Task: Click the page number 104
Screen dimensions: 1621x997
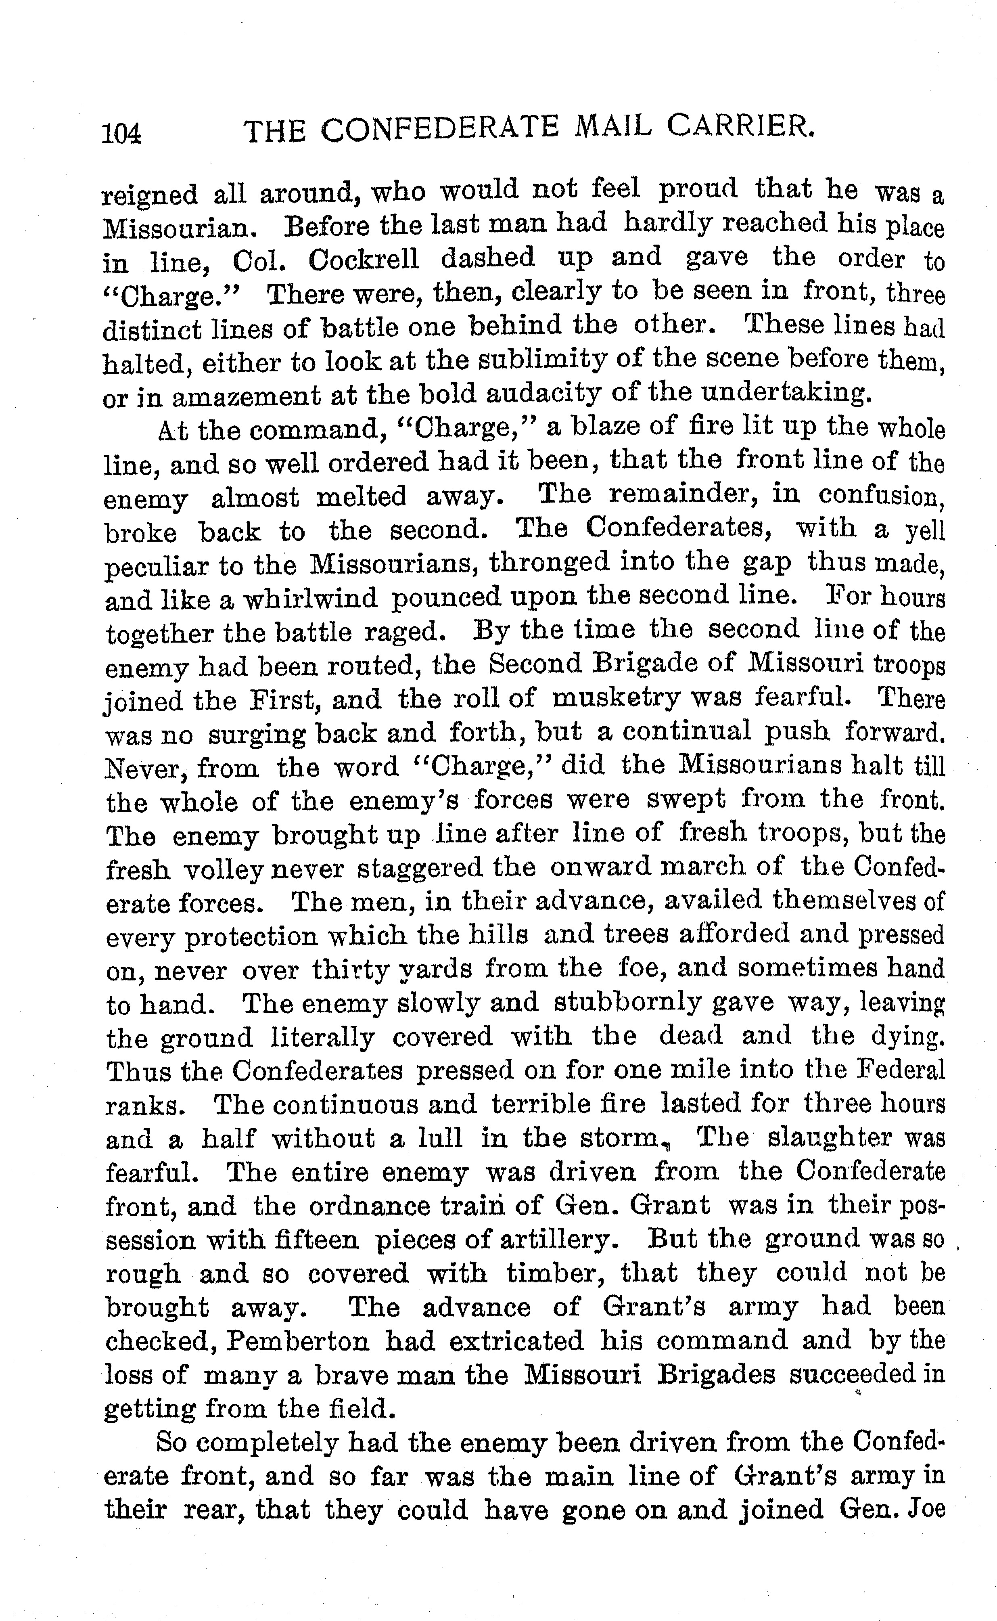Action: [x=122, y=134]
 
